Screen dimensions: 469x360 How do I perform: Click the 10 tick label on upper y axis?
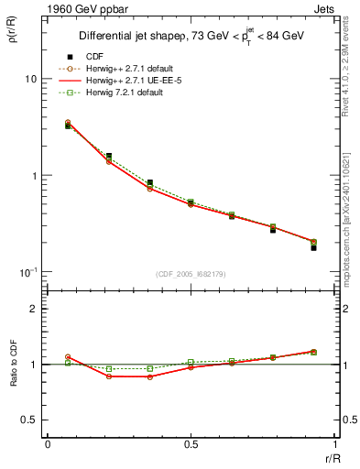pos(30,79)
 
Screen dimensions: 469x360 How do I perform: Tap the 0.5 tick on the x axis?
pos(191,444)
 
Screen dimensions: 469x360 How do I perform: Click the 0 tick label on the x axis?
pos(47,444)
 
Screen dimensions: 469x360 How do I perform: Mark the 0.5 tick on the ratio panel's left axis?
pos(29,420)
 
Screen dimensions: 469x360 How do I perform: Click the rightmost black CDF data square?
pos(313,247)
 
